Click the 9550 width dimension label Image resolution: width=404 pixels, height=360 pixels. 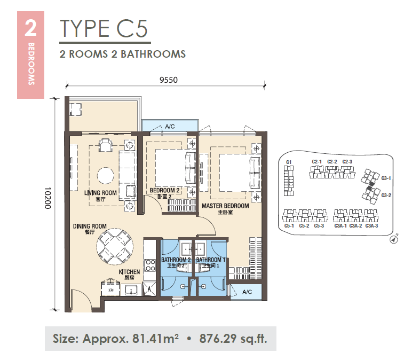point(169,80)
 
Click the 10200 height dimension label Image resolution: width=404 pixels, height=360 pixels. point(47,198)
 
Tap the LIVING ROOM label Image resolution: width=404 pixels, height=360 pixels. point(100,193)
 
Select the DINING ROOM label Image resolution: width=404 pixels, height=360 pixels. point(90,226)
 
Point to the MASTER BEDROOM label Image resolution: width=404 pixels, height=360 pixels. point(225,206)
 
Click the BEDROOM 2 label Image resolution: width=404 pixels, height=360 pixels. point(164,190)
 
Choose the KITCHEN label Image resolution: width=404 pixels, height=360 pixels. point(129,272)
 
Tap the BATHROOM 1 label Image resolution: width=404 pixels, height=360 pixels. point(211,260)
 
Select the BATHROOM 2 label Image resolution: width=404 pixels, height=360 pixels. point(176,260)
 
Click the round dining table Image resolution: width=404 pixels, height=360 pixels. point(115,247)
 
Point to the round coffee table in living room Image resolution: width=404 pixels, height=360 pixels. point(105,176)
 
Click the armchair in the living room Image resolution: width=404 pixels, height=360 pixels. point(105,145)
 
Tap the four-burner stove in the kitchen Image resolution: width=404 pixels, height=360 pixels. point(150,265)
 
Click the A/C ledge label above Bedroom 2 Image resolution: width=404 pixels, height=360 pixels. point(170,127)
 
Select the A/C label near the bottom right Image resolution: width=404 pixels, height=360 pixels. point(247,292)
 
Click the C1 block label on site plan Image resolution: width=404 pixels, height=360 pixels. point(289,162)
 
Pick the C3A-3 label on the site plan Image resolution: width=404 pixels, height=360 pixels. point(371,226)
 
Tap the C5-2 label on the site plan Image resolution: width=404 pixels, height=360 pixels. point(304,226)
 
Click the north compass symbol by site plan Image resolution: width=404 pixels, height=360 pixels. point(393,240)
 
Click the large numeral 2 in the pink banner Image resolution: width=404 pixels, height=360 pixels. point(30,28)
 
